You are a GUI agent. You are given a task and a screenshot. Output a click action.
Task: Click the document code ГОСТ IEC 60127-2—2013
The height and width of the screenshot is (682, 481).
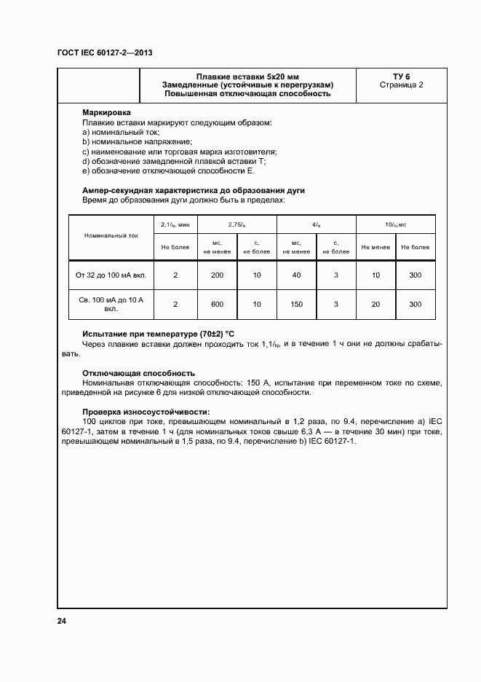pyautogui.click(x=104, y=53)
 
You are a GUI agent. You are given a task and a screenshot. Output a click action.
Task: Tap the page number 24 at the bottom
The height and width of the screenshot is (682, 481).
pyautogui.click(x=62, y=621)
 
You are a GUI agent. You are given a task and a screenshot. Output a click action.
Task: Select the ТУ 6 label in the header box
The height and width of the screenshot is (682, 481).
pyautogui.click(x=402, y=77)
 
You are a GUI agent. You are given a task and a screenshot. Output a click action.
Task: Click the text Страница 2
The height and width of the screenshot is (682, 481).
pyautogui.click(x=402, y=85)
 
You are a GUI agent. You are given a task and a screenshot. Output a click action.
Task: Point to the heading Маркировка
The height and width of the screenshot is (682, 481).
pyautogui.click(x=107, y=114)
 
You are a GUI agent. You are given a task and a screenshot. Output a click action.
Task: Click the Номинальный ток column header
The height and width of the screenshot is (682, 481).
pyautogui.click(x=111, y=236)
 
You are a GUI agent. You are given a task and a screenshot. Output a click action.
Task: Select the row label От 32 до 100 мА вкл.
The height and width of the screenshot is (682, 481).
pyautogui.click(x=111, y=276)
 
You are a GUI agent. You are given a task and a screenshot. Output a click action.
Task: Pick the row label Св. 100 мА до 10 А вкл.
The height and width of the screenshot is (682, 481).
pyautogui.click(x=111, y=304)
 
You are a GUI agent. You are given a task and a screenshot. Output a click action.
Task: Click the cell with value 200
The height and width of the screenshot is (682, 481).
pyautogui.click(x=217, y=276)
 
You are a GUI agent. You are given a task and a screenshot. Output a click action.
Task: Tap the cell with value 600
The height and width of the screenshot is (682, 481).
pyautogui.click(x=217, y=304)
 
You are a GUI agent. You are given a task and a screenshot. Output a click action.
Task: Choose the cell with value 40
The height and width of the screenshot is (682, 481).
pyautogui.click(x=296, y=276)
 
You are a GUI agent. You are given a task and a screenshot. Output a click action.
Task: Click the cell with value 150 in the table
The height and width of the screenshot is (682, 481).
pyautogui.click(x=296, y=304)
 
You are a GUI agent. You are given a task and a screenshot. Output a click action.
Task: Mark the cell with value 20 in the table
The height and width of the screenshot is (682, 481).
pyautogui.click(x=375, y=304)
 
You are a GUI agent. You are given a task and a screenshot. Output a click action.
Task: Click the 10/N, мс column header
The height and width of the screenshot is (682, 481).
pyautogui.click(x=395, y=225)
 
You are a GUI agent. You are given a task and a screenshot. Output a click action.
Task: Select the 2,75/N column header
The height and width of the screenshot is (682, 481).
pyautogui.click(x=236, y=225)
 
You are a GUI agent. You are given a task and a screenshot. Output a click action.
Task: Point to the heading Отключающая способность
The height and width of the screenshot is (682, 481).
pyautogui.click(x=138, y=373)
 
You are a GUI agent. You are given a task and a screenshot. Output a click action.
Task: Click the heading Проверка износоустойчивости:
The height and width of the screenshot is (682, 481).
pyautogui.click(x=146, y=412)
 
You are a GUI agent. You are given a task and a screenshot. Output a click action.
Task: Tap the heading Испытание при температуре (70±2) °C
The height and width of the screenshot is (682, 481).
pyautogui.click(x=158, y=334)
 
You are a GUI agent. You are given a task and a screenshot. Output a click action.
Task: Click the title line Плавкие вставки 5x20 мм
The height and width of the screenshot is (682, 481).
pyautogui.click(x=247, y=77)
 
